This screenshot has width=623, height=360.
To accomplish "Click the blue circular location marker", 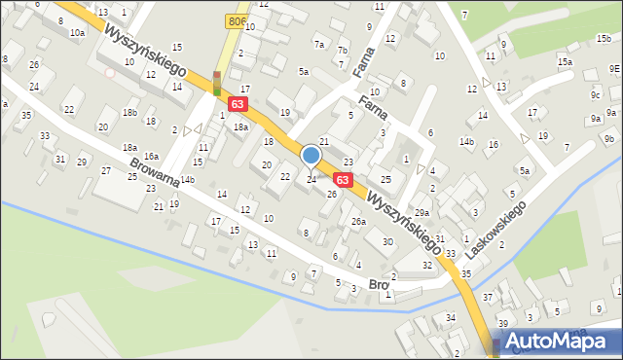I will coord(311,156).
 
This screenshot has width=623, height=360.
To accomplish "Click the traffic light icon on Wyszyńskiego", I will coord(216,84).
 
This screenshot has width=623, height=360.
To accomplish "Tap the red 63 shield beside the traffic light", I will coord(238,102).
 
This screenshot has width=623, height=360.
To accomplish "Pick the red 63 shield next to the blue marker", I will coord(342,180).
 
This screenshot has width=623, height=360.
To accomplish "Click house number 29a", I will coord(421,212).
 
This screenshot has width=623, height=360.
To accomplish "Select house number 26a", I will coord(358,222).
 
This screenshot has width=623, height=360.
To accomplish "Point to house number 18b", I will coord(129,113).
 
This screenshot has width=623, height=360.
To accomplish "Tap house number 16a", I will coord(151,156).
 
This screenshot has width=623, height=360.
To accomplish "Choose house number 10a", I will coord(77,32).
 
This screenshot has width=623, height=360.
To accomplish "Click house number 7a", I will coord(319,45).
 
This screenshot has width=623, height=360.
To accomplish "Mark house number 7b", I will coord(342,51).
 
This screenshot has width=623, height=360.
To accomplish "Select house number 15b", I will coord(603,38).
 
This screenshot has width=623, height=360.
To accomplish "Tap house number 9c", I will coord(595,95).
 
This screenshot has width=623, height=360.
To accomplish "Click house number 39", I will coord(503,323).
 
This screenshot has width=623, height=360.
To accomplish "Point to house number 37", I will coord(488,297).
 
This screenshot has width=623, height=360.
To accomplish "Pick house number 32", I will coord(426,265).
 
